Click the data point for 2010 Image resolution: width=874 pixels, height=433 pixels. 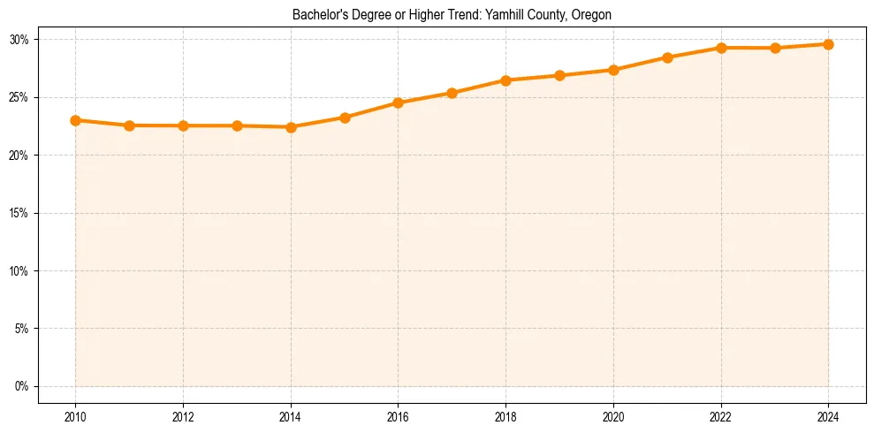tap(75, 120)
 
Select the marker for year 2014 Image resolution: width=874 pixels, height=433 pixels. tap(291, 127)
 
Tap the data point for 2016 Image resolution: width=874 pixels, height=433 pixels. tap(399, 103)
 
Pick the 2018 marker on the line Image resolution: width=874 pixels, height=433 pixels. tap(505, 80)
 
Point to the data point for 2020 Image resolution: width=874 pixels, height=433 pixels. tap(613, 70)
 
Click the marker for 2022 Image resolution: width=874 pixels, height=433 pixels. tap(721, 48)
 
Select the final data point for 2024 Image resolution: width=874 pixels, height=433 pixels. tap(828, 44)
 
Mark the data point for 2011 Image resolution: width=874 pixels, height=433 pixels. tap(129, 125)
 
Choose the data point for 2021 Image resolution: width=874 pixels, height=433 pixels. tap(667, 57)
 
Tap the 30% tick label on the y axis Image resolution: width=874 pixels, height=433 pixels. tap(19, 40)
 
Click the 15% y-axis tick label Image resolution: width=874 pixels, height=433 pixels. tap(19, 213)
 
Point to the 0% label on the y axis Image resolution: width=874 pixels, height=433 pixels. tap(22, 386)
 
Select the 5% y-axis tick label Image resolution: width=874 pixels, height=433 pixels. tap(22, 329)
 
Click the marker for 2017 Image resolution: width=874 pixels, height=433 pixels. tap(452, 93)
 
